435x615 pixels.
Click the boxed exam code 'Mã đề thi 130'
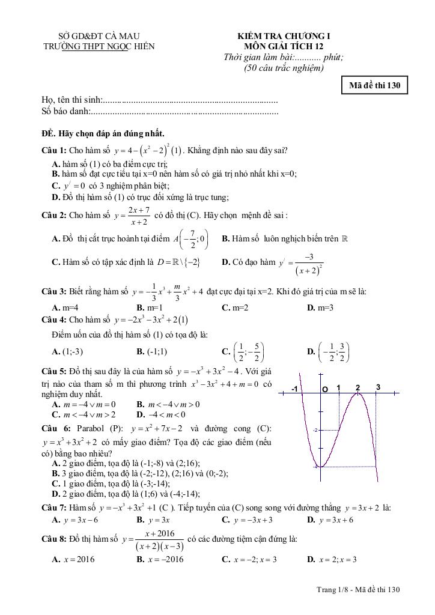[x=374, y=85]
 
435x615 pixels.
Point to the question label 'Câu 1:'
[x=54, y=150]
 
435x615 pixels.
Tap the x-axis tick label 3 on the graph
[x=378, y=388]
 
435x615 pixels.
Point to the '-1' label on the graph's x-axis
[x=294, y=389]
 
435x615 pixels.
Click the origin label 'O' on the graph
[x=324, y=389]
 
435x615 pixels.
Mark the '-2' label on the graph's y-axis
[x=315, y=431]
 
